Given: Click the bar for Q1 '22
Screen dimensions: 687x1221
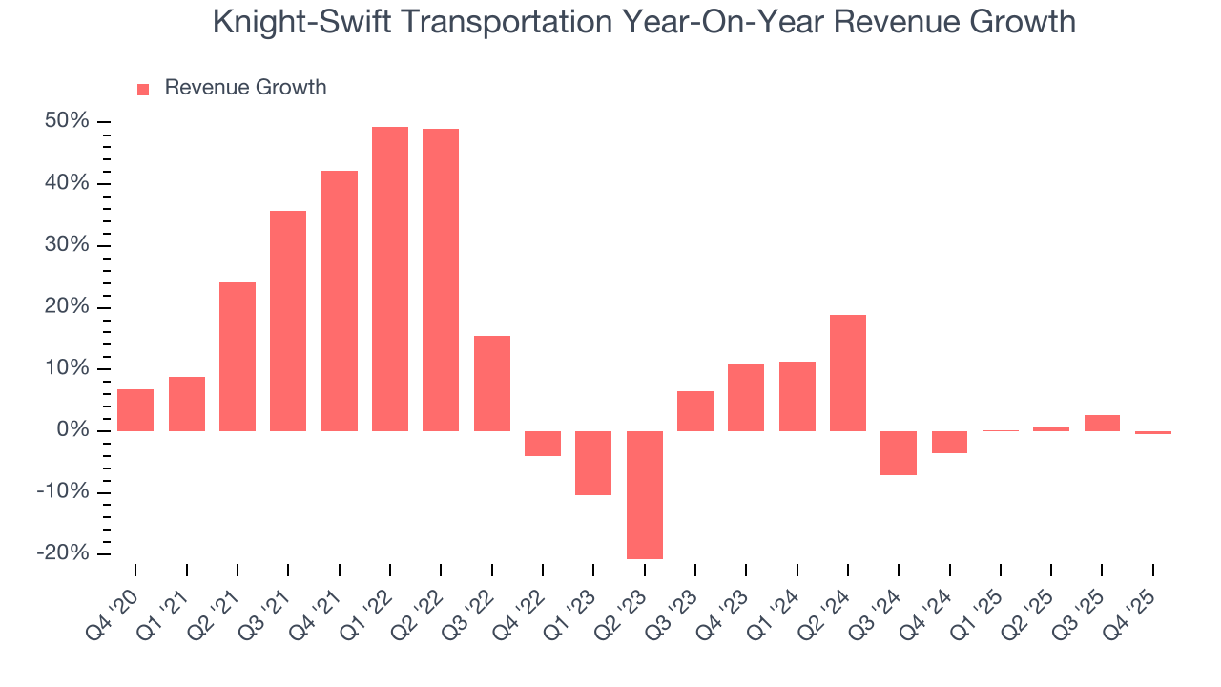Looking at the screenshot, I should point(390,279).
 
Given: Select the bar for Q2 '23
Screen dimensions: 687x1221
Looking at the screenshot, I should point(645,494).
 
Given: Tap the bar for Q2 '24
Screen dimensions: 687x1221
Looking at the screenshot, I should point(848,373).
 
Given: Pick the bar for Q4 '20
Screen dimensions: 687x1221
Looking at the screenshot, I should point(135,410).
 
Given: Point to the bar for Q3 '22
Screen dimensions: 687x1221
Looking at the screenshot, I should point(492,384).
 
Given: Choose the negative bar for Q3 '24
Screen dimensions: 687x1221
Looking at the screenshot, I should point(899,452).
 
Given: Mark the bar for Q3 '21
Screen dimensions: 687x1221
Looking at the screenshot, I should point(288,321).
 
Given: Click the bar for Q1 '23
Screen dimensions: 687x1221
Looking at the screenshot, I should point(593,463).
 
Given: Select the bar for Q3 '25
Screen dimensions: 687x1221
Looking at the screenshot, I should point(1102,423).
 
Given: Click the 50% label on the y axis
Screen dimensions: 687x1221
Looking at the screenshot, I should point(67,121).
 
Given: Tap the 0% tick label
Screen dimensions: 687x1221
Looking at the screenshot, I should point(72,431).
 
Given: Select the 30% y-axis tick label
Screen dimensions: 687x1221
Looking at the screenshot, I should point(67,245).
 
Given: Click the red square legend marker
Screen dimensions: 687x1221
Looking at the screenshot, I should point(143,89).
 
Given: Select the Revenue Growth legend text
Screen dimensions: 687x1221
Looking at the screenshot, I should point(245,88).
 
